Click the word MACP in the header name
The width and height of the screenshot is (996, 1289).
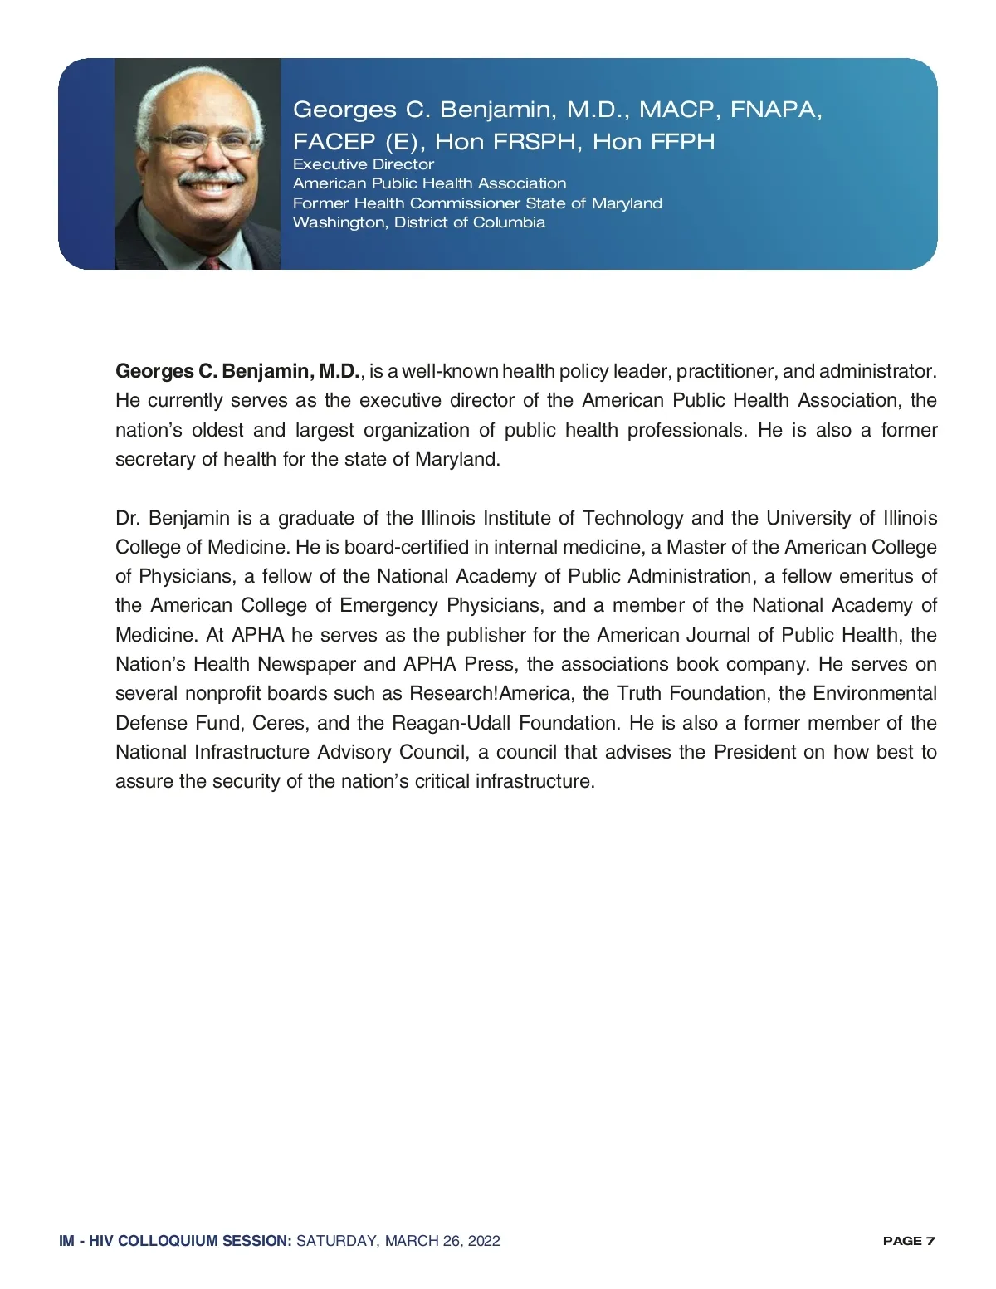(677, 110)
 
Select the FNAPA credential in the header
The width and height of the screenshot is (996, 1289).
(775, 110)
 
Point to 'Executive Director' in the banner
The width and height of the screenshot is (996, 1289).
(364, 164)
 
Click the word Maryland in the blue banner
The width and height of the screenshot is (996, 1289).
(627, 203)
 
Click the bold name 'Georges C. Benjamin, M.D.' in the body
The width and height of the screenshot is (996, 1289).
(237, 371)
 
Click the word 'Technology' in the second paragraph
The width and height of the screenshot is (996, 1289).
(632, 518)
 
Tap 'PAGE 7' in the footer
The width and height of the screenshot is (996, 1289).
(909, 1241)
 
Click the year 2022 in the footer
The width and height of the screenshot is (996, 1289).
(483, 1241)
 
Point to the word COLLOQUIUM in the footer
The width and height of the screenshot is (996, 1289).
(167, 1241)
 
